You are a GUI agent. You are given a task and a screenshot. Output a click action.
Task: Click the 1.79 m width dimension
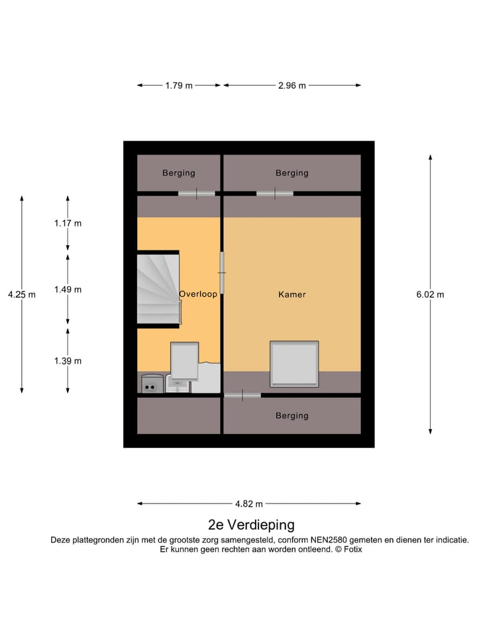pos(179,85)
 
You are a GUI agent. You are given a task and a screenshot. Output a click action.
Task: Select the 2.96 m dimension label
pos(292,85)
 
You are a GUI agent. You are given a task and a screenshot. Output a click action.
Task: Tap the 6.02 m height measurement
pos(430,295)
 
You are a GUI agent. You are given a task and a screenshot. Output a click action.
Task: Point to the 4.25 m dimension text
pos(22,295)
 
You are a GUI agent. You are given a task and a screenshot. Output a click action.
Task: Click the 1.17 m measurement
pos(68,223)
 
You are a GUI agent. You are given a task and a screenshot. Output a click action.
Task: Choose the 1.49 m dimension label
pos(68,290)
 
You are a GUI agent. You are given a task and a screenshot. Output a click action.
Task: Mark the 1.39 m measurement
pos(68,361)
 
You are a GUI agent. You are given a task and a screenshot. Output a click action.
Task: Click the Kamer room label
pos(292,294)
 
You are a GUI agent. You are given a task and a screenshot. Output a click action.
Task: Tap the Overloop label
pos(198,294)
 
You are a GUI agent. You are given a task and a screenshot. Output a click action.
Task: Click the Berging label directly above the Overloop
pos(179,173)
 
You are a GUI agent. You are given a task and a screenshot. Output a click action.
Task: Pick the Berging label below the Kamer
pos(292,415)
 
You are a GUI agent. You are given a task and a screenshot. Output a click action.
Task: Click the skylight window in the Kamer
pos(294,364)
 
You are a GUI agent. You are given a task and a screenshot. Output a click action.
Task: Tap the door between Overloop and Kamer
pos(223,272)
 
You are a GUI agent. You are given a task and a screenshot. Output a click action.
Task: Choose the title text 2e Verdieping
pos(251,525)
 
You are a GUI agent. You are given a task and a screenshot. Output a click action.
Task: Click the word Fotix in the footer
pos(350,549)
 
